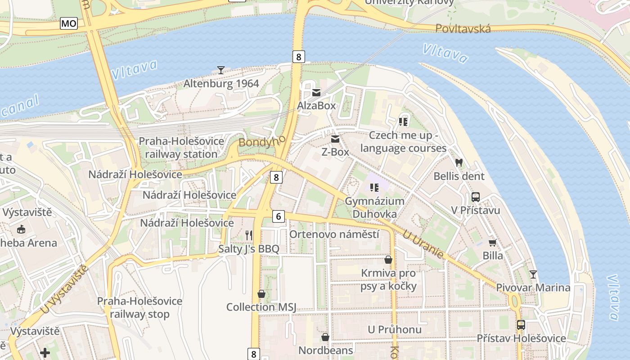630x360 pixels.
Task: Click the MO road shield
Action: (x=69, y=23)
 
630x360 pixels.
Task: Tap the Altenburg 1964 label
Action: (x=221, y=84)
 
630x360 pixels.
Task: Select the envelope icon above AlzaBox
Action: (x=316, y=93)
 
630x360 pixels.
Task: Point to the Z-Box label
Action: (x=335, y=152)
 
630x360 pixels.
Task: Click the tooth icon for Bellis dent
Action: (x=459, y=162)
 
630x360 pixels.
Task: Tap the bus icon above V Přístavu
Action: (x=476, y=197)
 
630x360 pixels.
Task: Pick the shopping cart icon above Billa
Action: (x=493, y=243)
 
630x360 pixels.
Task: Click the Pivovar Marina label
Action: (x=533, y=288)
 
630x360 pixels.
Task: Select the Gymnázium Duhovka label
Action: (x=374, y=207)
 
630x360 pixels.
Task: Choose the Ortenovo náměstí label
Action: (x=334, y=234)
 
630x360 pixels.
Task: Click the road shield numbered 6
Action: (x=279, y=216)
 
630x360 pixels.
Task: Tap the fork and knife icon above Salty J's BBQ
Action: (x=249, y=235)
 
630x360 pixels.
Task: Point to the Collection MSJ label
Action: (x=261, y=307)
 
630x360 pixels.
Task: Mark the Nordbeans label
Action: (x=326, y=350)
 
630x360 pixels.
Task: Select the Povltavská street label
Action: (x=463, y=29)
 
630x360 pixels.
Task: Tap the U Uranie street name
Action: (x=423, y=244)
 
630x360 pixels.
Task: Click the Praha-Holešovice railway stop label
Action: (x=140, y=308)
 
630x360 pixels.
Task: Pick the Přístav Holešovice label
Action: (x=521, y=338)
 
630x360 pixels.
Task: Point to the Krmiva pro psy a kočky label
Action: (x=389, y=279)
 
